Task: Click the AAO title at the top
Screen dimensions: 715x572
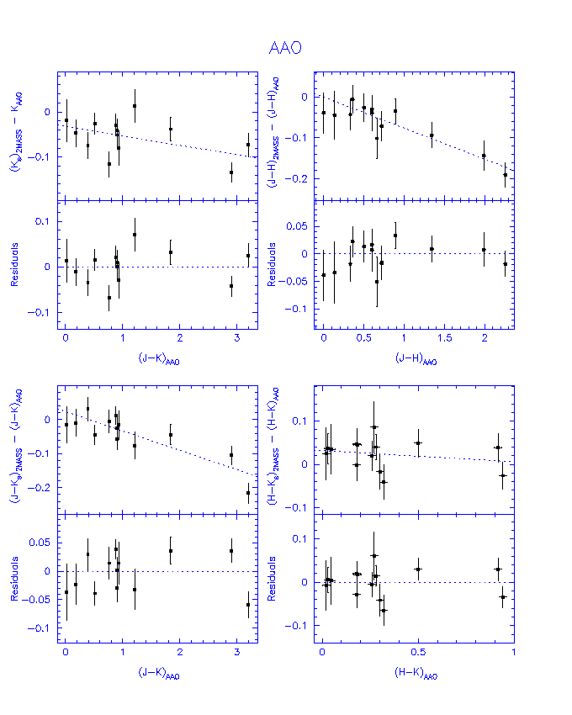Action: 285,49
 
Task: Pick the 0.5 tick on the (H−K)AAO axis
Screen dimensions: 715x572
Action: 417,654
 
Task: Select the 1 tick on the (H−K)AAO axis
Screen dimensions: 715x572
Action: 512,654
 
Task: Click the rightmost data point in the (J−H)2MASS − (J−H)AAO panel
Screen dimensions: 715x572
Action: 506,175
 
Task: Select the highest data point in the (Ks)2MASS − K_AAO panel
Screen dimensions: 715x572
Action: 135,106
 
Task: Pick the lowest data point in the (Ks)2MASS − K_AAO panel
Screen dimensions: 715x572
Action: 231,172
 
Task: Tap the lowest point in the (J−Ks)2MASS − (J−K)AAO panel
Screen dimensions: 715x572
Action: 248,493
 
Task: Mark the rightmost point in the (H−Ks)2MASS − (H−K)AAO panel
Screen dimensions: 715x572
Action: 503,476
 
